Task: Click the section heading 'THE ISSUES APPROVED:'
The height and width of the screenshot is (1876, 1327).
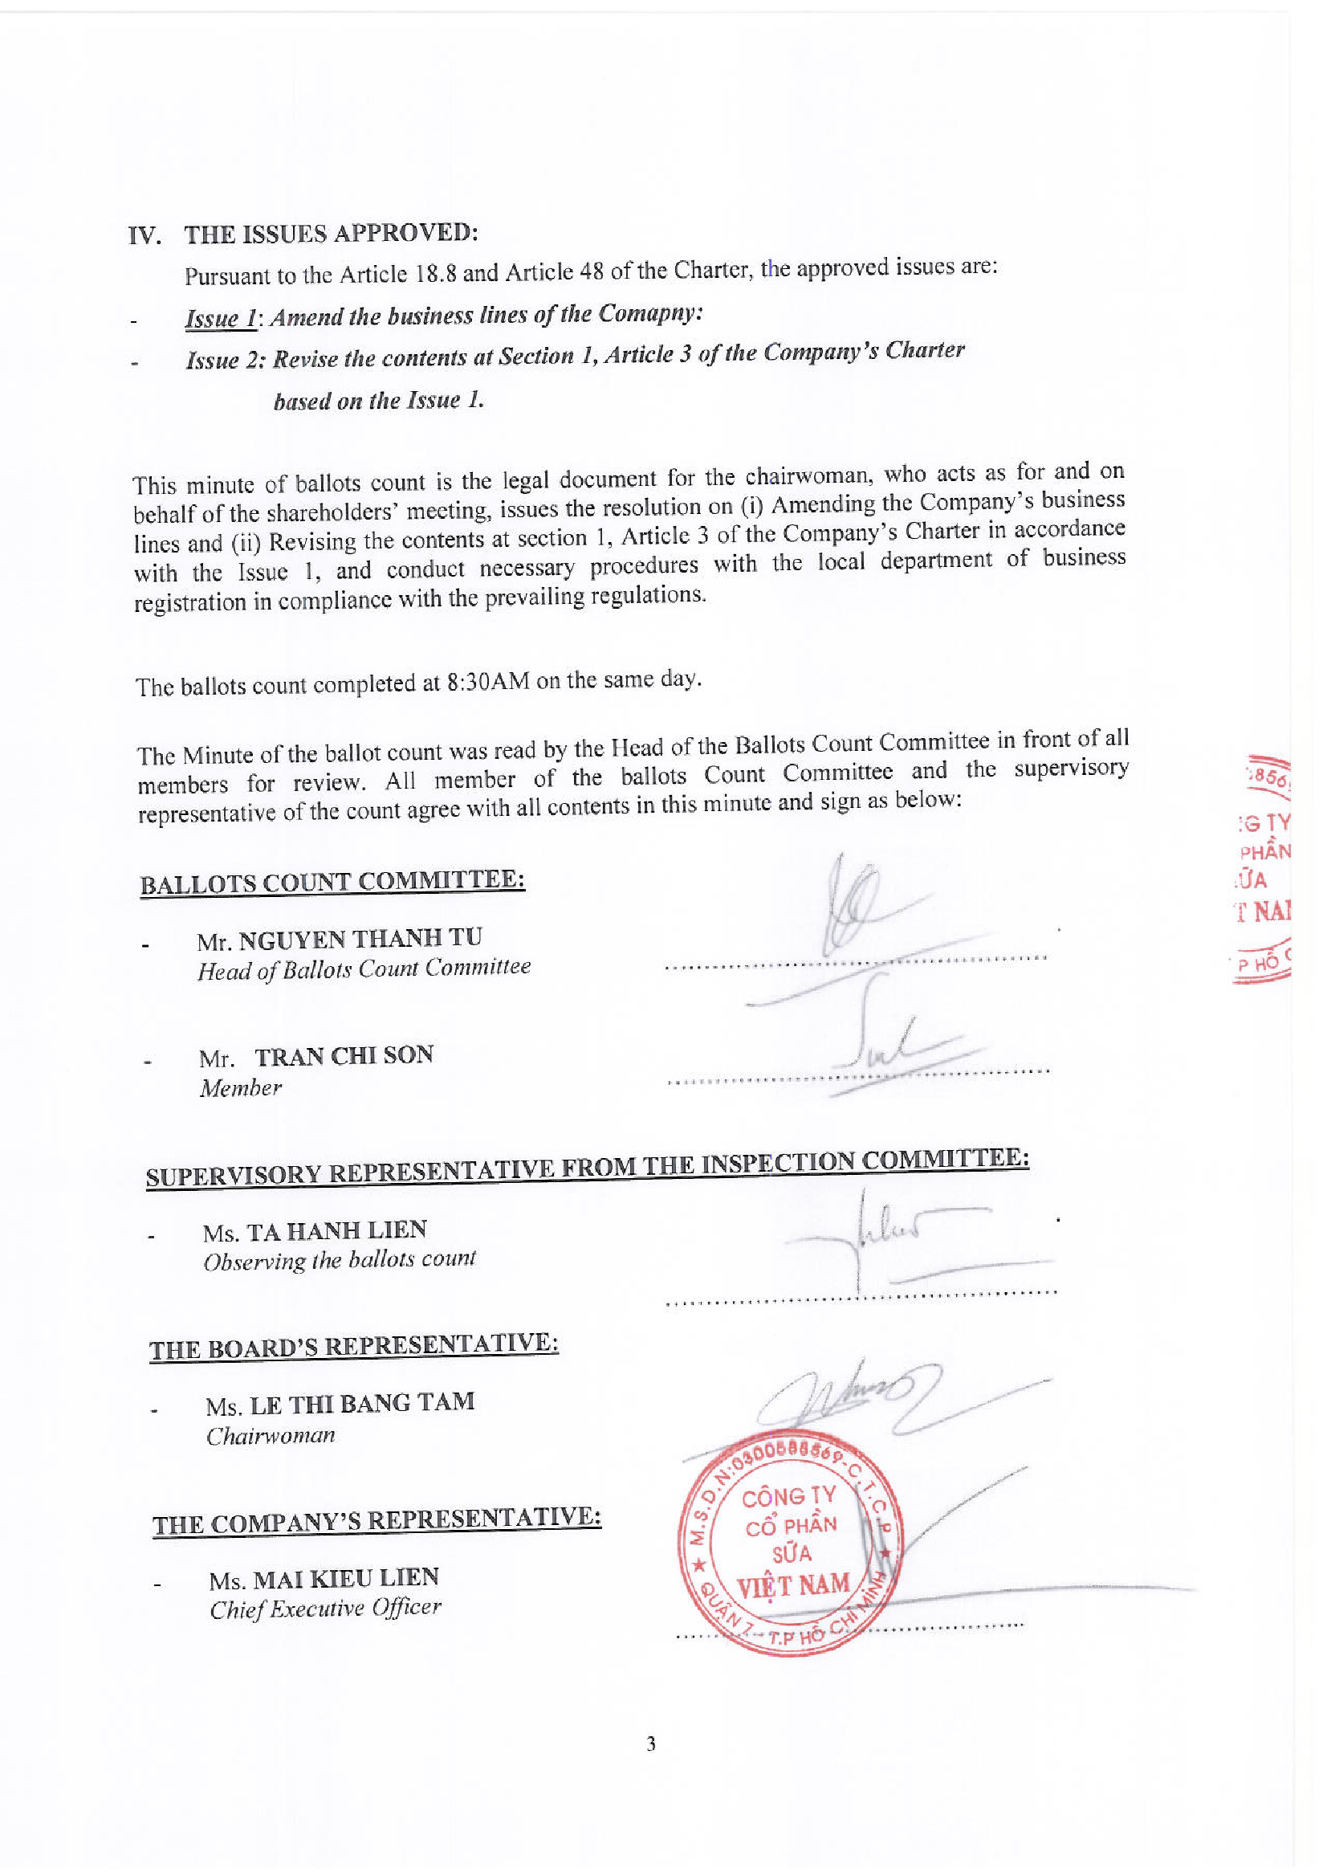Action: (330, 234)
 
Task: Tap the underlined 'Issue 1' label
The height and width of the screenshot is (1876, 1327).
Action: (221, 318)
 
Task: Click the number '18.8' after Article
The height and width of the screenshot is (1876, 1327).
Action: (436, 272)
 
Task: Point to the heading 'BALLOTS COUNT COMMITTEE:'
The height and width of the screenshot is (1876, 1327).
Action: (332, 882)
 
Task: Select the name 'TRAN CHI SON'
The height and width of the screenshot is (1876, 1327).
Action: (344, 1056)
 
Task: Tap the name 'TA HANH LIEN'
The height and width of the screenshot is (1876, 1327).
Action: (336, 1230)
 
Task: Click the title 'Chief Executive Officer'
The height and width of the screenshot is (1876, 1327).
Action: (324, 1608)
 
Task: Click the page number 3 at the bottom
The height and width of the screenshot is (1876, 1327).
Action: (650, 1743)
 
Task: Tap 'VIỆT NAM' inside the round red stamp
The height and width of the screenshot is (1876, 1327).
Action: (792, 1585)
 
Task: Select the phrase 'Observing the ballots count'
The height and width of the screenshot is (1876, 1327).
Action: (339, 1260)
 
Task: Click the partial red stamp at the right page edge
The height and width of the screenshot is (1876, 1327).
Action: (1264, 867)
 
